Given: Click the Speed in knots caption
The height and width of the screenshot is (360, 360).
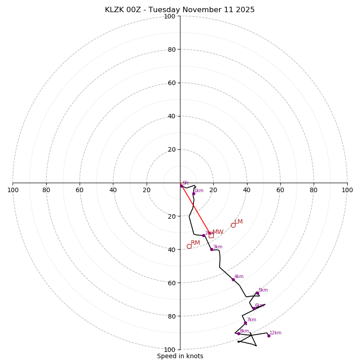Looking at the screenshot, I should (180, 356).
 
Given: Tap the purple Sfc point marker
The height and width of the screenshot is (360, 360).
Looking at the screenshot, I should (181, 185).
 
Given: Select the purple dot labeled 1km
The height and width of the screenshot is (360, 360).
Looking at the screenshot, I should (193, 193).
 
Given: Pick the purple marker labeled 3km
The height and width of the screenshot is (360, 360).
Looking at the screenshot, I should (211, 249).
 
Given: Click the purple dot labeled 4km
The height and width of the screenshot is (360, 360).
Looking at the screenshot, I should (233, 279).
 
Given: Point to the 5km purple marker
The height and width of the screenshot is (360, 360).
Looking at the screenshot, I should (257, 293).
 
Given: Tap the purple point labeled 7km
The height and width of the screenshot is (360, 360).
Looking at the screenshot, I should (245, 323).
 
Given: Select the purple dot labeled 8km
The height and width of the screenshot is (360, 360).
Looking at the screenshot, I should (238, 333).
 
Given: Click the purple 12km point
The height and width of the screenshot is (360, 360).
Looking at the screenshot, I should (269, 336).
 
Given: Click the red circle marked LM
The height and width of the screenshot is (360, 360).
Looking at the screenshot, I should (233, 225).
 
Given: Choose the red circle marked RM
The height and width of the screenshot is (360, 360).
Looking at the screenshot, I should (189, 246).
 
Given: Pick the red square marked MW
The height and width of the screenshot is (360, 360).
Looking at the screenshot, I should (211, 235).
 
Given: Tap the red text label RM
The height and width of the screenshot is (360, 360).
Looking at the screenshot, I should (195, 243).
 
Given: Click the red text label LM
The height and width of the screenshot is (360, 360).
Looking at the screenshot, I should (238, 221).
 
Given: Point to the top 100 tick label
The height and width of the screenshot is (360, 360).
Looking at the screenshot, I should (170, 16).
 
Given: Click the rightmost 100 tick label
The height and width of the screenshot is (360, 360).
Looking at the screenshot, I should (347, 190).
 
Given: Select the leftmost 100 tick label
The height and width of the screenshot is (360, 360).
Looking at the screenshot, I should (13, 190).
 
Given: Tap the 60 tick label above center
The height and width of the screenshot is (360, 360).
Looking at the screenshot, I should (171, 83).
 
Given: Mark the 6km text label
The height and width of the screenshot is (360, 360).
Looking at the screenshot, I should (259, 306).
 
